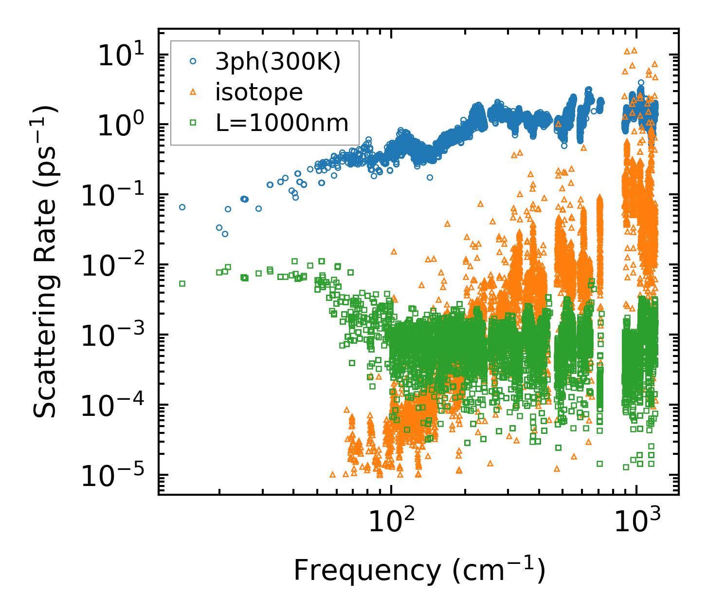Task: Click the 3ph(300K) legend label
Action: pyautogui.click(x=278, y=62)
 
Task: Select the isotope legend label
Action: pyautogui.click(x=259, y=93)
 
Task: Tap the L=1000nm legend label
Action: pyautogui.click(x=282, y=123)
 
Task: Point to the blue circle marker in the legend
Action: pyautogui.click(x=193, y=61)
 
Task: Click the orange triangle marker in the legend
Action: pyautogui.click(x=193, y=92)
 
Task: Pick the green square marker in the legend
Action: pyautogui.click(x=193, y=123)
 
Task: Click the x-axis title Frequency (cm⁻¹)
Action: pyautogui.click(x=419, y=570)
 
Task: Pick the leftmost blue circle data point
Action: pyautogui.click(x=182, y=207)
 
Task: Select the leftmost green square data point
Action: pyautogui.click(x=182, y=283)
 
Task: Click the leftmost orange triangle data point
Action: pyautogui.click(x=333, y=474)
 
